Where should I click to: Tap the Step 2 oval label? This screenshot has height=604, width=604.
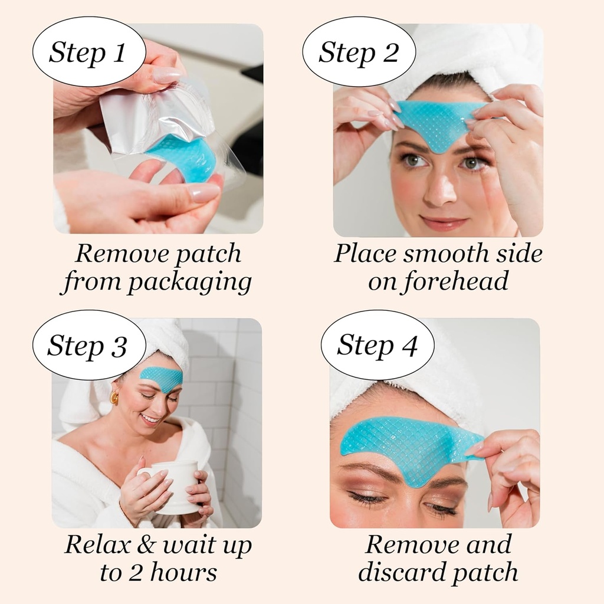358,52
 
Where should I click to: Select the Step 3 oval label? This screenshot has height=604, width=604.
87,345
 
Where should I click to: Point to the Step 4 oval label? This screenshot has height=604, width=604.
377,345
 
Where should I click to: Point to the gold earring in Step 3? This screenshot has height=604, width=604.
114,398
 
